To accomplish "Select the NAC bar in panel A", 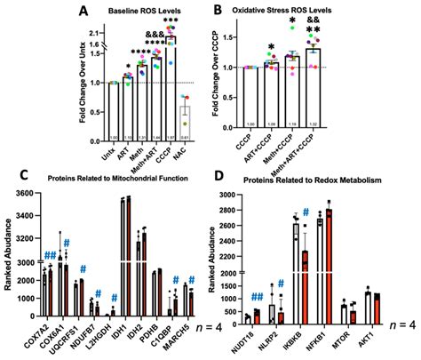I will [x=184, y=121].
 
